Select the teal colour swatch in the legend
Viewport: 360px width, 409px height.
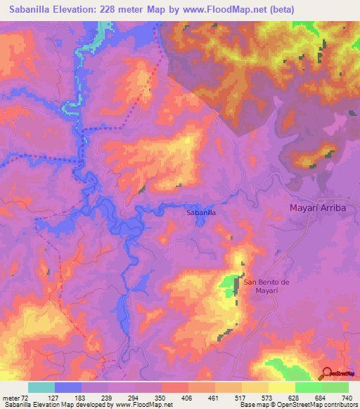[x=41, y=387]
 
